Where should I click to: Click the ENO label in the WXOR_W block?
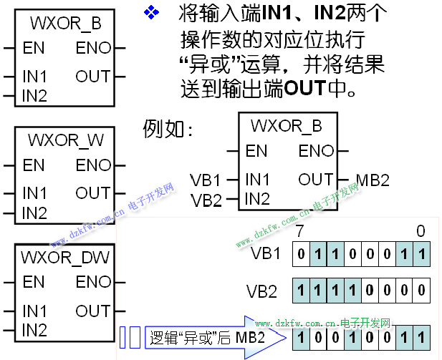[x=93, y=165]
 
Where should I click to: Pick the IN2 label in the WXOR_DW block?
[x=34, y=330]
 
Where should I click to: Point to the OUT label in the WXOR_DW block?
[x=92, y=311]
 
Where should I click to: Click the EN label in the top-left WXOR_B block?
[x=33, y=49]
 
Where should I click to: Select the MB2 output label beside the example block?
[x=372, y=180]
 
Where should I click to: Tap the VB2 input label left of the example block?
[x=206, y=200]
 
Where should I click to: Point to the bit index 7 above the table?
[x=299, y=230]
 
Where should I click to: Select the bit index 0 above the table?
[x=421, y=230]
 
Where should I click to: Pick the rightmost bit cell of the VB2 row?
[x=423, y=291]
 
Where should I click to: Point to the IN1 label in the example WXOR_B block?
[x=256, y=179]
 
